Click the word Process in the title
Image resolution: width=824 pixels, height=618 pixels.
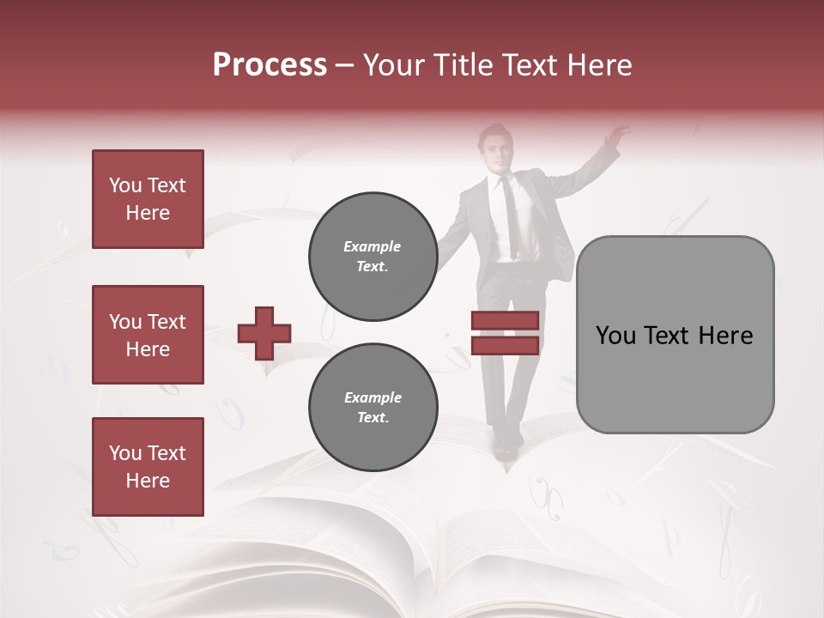[270, 64]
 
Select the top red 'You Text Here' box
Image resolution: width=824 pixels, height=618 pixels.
[148, 199]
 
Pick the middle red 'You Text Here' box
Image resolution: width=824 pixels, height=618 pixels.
[148, 335]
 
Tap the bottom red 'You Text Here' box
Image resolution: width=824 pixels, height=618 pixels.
[148, 466]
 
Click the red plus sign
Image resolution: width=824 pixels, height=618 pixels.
[264, 333]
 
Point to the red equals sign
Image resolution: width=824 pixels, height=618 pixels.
[505, 333]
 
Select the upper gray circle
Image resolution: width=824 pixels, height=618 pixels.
[373, 257]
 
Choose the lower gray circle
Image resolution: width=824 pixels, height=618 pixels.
[373, 408]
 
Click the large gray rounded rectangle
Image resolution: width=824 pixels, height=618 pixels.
[675, 335]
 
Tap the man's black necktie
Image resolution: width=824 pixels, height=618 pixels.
[511, 215]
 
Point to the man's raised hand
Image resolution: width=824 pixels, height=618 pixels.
[615, 135]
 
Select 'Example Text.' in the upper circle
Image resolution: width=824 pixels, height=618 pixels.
[373, 257]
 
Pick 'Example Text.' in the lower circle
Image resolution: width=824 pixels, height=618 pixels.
[373, 408]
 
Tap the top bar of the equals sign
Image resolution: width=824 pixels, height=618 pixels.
[505, 321]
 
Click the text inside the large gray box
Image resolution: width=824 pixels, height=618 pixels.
[675, 335]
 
